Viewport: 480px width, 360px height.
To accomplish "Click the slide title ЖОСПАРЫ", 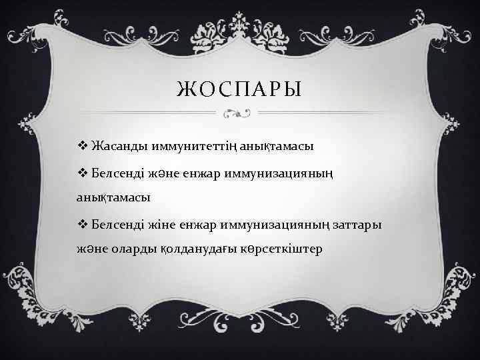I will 241,89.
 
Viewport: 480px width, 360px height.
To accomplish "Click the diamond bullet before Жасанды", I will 83,145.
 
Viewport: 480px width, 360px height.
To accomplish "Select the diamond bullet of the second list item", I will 83,173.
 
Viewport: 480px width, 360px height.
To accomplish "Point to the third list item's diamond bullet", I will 83,223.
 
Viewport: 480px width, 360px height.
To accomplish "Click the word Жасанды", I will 115,145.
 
